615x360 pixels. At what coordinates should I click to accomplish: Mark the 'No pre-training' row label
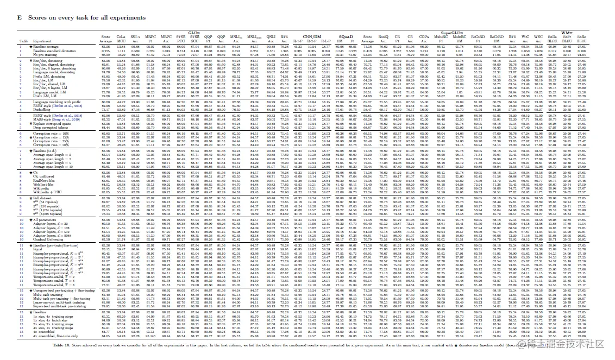coord(45,55)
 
